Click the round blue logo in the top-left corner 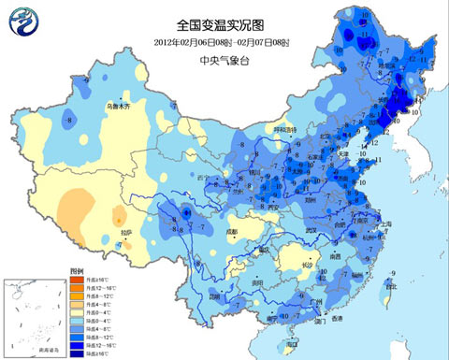point(22,21)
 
